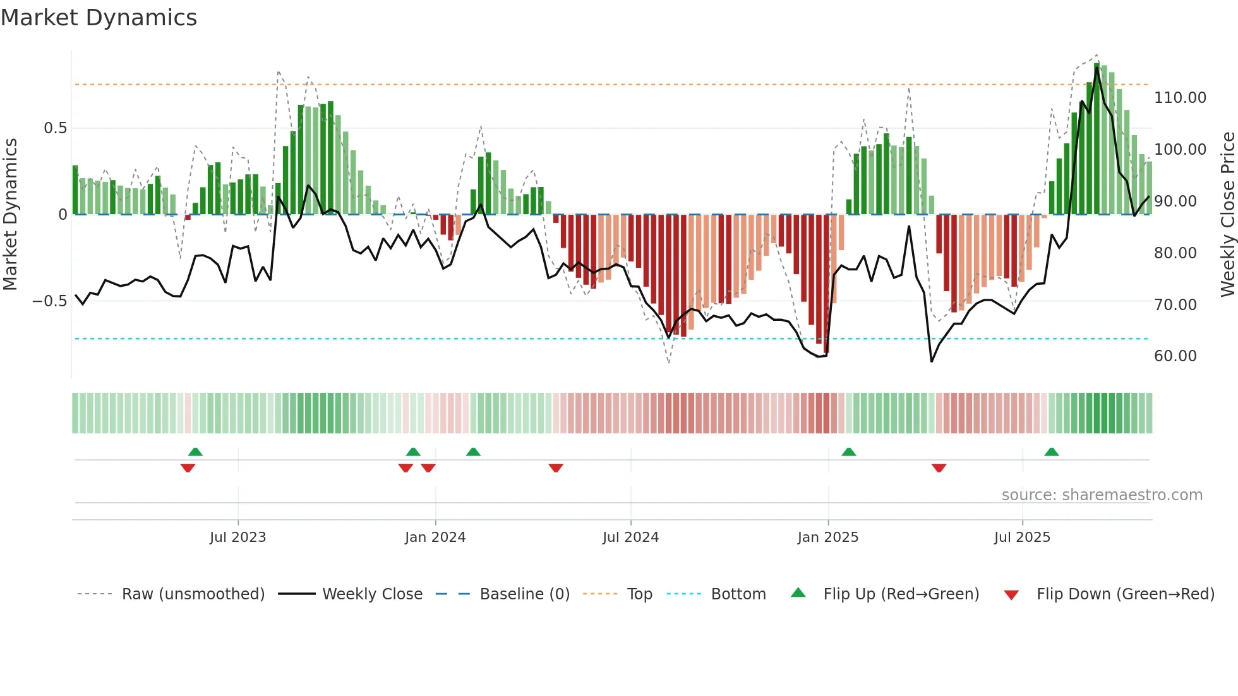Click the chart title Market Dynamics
click(x=99, y=18)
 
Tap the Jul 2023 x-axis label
click(x=237, y=537)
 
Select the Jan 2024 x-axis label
click(x=435, y=537)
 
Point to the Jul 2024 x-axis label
click(x=630, y=537)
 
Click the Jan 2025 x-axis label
click(x=827, y=537)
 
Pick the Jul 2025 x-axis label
click(x=1022, y=537)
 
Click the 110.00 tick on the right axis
click(x=1180, y=98)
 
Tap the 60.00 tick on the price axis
click(x=1175, y=356)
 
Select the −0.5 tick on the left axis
click(x=49, y=301)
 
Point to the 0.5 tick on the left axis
click(x=55, y=128)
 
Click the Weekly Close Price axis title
click(x=1227, y=214)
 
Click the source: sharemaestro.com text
click(x=1102, y=495)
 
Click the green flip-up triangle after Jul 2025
click(x=1051, y=452)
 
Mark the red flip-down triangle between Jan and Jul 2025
click(x=939, y=468)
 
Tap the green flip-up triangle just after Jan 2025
click(x=848, y=452)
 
